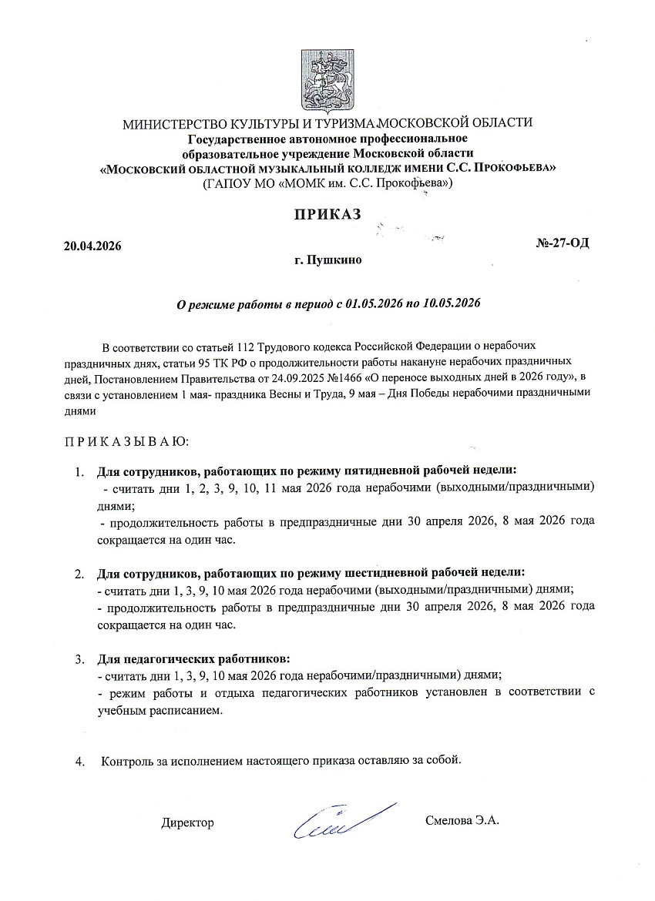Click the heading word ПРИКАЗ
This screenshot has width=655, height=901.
(327, 215)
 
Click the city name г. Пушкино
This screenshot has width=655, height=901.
(327, 260)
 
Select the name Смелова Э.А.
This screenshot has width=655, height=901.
(462, 821)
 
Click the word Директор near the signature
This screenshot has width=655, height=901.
(187, 822)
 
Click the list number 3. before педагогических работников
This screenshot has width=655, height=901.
(79, 659)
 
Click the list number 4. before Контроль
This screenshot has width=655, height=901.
(79, 761)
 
